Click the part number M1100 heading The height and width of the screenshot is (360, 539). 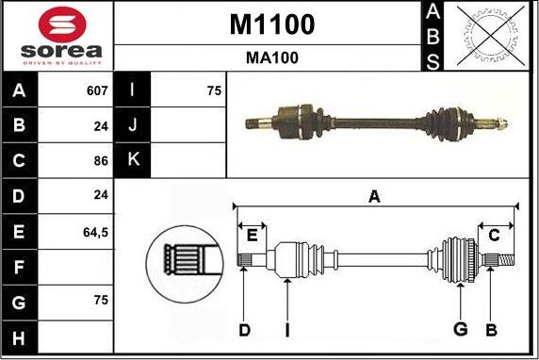(x=271, y=24)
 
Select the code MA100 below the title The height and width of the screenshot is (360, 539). (x=271, y=57)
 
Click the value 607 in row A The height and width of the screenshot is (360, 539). (x=97, y=90)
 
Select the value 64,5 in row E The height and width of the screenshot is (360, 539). (x=96, y=230)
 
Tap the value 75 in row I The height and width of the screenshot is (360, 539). (x=213, y=90)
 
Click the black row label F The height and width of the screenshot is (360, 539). (x=20, y=266)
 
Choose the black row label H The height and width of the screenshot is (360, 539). (x=20, y=335)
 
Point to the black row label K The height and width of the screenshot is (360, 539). (x=132, y=160)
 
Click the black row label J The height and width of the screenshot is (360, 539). (x=132, y=125)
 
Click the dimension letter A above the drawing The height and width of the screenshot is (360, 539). (x=374, y=196)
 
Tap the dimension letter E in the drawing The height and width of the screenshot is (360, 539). (x=252, y=235)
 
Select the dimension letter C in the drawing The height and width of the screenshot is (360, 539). (x=494, y=235)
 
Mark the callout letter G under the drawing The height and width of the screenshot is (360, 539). (x=460, y=328)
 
